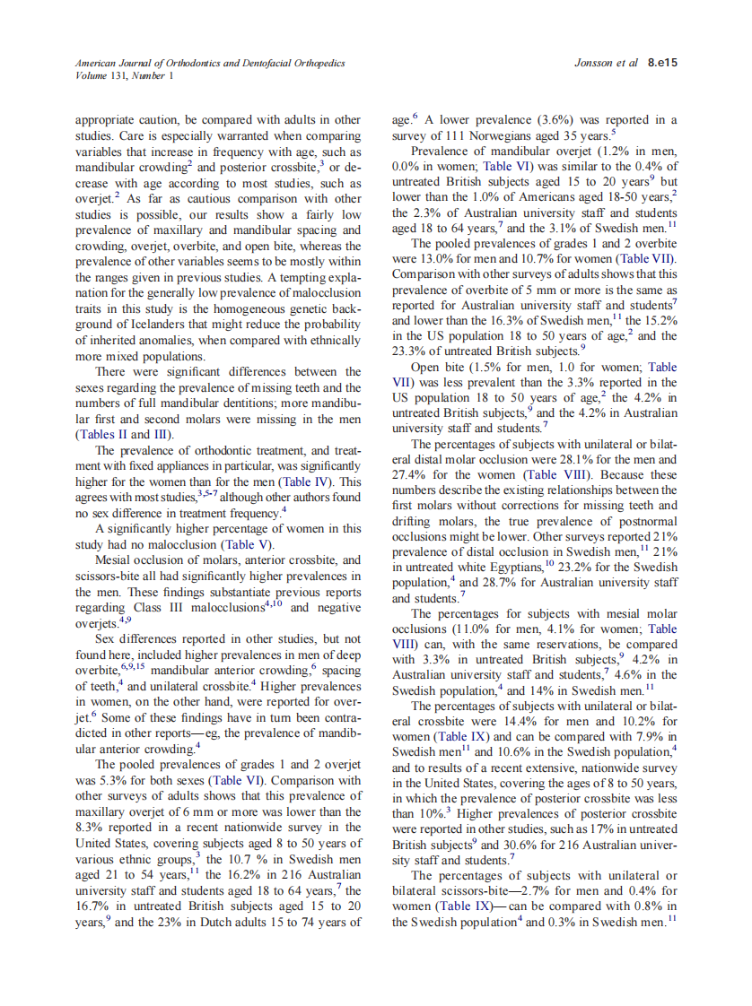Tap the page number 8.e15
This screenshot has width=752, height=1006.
(x=662, y=64)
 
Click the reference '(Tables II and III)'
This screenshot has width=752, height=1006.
(x=125, y=433)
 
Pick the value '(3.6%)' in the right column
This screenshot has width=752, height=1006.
(x=557, y=120)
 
